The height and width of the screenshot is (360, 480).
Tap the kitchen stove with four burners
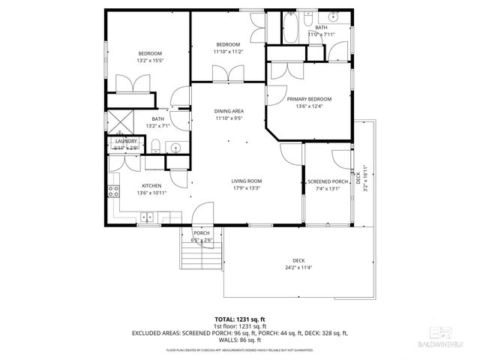114,191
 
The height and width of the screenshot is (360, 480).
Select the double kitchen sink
147,217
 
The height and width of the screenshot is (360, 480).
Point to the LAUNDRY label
125,140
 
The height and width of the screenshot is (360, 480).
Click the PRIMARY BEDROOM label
309,98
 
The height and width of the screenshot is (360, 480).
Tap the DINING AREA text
229,111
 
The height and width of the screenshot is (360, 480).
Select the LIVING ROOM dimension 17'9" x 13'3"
245,188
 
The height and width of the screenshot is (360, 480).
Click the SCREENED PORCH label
328,181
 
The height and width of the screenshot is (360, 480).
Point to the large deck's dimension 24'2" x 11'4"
298,268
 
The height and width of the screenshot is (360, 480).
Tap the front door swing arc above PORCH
202,217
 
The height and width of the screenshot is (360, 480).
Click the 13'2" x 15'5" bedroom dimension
150,61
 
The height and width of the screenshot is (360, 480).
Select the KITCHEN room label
152,185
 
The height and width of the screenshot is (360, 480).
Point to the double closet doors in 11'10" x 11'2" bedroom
228,73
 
